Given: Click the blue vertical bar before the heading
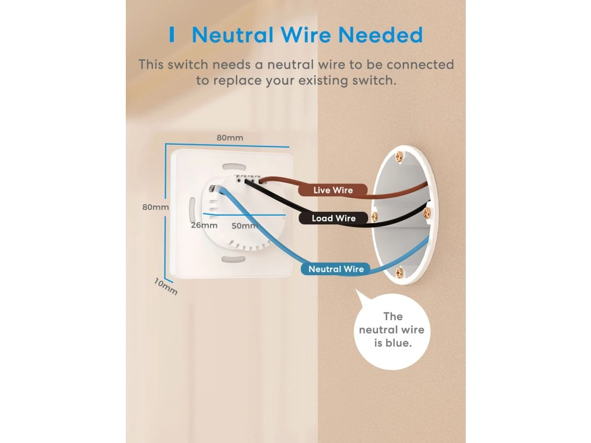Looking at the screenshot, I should pyautogui.click(x=171, y=35).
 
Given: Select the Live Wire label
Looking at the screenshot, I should pyautogui.click(x=333, y=190).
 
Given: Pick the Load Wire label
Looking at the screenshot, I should pyautogui.click(x=334, y=218).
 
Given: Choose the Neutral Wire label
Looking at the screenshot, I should pyautogui.click(x=336, y=269).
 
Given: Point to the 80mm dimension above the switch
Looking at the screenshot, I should pyautogui.click(x=230, y=138).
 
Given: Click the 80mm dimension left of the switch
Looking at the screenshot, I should pyautogui.click(x=155, y=207).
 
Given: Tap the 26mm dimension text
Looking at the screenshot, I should pyautogui.click(x=204, y=225).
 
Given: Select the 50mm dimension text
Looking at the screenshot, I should pyautogui.click(x=244, y=226).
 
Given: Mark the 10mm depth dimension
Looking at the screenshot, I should pyautogui.click(x=166, y=286).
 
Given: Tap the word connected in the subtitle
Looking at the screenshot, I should pyautogui.click(x=420, y=65).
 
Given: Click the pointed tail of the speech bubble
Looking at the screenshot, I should pyautogui.click(x=358, y=296).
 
